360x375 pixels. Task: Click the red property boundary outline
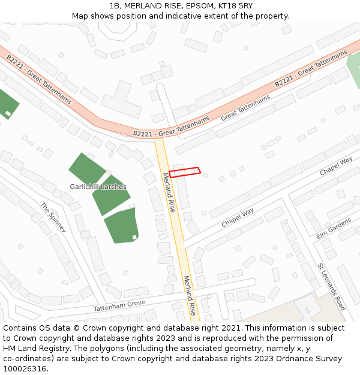click(184, 172)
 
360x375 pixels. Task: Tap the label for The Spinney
click(52, 215)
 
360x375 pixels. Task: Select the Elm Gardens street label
click(334, 228)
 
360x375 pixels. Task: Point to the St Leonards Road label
click(331, 286)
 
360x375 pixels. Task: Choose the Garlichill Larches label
click(98, 187)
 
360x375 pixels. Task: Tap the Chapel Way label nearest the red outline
click(238, 217)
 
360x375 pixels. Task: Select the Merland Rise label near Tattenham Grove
click(190, 295)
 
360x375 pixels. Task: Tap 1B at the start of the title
click(116, 5)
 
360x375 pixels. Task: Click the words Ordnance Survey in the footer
click(310, 359)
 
